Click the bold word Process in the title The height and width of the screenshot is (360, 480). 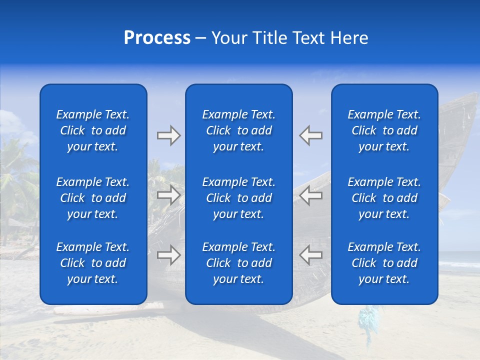tap(157, 38)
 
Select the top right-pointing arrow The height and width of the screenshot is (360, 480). tap(169, 135)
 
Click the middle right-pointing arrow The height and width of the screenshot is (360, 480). tap(169, 195)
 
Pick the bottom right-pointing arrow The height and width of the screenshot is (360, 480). tap(169, 254)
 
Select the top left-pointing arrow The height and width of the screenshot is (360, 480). tap(310, 135)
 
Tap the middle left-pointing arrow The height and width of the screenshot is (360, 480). tap(310, 195)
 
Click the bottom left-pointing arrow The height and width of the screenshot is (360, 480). tap(310, 254)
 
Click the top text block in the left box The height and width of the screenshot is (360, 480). tap(93, 130)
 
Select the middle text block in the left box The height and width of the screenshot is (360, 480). tap(93, 198)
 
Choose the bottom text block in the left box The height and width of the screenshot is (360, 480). tap(93, 263)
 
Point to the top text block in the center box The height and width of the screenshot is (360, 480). tap(238, 130)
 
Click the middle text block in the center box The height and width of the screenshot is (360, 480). tap(238, 198)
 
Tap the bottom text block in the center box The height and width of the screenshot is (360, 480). tap(238, 263)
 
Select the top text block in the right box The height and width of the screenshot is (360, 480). tap(384, 130)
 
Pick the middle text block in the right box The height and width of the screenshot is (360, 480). tap(384, 198)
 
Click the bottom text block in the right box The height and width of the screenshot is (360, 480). tap(384, 263)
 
